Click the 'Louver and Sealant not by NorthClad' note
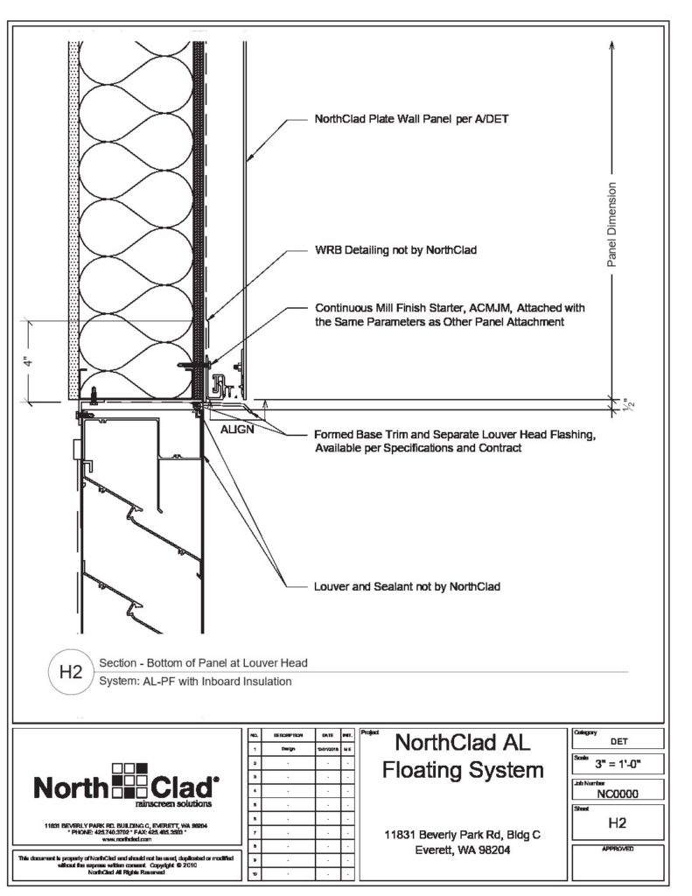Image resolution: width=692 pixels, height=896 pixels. (x=407, y=586)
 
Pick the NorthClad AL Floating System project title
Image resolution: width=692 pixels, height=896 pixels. (x=463, y=757)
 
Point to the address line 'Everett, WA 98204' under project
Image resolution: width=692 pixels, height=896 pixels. (x=463, y=850)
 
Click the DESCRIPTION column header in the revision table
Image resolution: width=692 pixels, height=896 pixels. (x=288, y=735)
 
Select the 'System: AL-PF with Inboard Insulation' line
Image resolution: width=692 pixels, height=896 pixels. (x=196, y=682)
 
